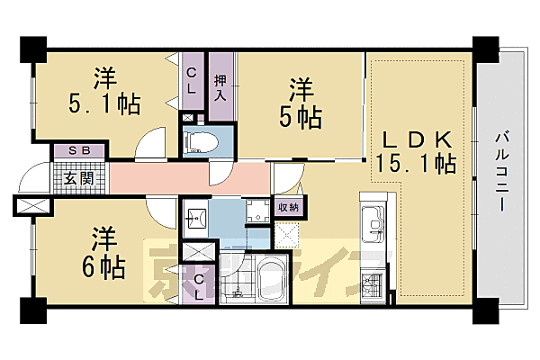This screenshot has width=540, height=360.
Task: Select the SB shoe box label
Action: click(x=67, y=151)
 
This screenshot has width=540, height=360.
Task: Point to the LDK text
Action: click(x=418, y=139)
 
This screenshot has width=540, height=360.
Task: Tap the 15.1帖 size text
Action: click(x=418, y=165)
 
